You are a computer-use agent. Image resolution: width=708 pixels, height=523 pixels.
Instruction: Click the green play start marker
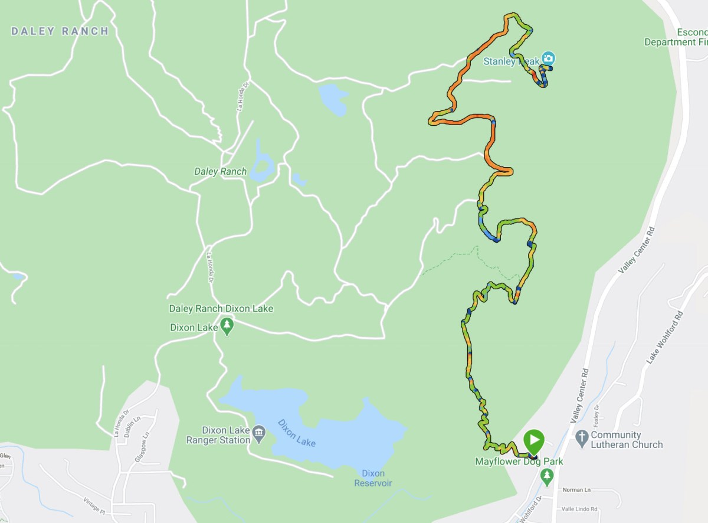tap(534, 440)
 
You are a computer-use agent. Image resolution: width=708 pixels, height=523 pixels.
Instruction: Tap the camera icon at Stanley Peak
tap(549, 58)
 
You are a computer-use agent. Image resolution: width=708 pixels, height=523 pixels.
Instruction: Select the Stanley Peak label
tap(511, 61)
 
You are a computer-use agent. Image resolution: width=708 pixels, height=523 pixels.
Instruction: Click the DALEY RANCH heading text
tap(60, 31)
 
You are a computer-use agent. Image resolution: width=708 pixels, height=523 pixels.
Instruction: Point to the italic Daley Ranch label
tap(220, 172)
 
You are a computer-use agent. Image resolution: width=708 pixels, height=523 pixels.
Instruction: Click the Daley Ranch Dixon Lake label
tap(221, 309)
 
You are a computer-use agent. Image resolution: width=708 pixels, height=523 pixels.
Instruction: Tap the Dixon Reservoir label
tap(373, 478)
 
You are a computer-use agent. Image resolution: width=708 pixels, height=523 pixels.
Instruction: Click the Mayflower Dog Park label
tap(519, 462)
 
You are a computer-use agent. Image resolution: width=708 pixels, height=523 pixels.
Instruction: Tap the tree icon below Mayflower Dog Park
tap(548, 475)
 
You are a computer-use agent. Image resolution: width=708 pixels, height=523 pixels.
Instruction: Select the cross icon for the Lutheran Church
tap(582, 437)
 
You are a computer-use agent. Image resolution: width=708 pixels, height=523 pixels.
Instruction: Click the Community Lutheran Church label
tap(627, 440)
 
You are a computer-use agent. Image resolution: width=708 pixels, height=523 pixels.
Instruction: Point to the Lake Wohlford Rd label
tap(665, 338)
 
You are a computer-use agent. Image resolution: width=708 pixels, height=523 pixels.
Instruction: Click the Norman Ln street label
tap(576, 490)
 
